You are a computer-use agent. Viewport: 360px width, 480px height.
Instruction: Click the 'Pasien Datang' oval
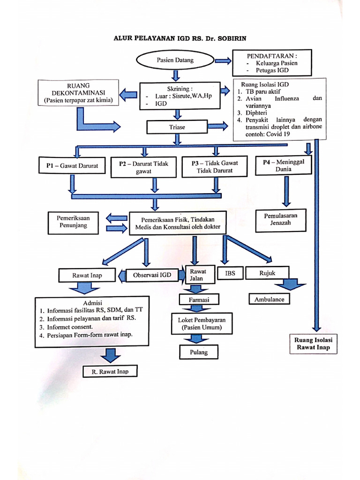[x=175, y=60]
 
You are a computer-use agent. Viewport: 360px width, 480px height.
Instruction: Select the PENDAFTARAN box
[x=272, y=63]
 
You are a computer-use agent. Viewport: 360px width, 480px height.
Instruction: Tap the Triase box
[x=177, y=127]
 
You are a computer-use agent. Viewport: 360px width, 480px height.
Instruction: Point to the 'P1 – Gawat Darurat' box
[x=72, y=166]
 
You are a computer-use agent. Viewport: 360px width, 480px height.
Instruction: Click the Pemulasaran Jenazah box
[x=280, y=219]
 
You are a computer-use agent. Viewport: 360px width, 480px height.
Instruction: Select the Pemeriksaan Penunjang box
[x=74, y=222]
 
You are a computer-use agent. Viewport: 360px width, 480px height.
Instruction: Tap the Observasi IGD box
[x=152, y=275]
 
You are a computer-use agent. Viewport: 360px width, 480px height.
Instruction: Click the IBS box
[x=230, y=273]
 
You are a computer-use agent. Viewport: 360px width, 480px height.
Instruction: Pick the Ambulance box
[x=269, y=299]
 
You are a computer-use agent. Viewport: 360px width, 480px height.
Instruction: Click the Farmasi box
[x=199, y=299]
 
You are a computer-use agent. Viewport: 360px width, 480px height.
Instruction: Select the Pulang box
[x=199, y=352]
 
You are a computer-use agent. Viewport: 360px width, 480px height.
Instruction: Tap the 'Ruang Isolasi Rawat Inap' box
[x=313, y=344]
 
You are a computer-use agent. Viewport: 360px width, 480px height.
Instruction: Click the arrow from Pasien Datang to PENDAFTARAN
[x=222, y=60]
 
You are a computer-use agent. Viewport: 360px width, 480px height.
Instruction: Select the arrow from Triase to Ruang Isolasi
[x=217, y=126]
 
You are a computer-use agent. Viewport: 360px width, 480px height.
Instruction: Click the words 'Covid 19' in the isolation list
[x=279, y=134]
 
